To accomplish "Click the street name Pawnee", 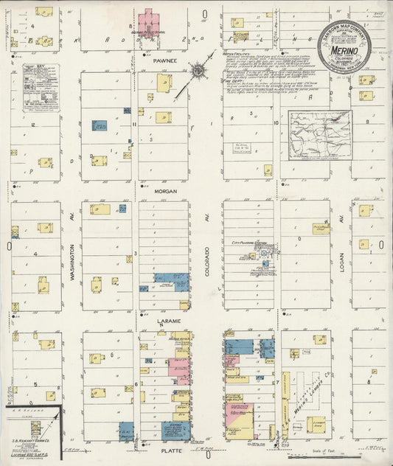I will (x=163, y=63).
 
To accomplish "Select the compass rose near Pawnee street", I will (x=198, y=71).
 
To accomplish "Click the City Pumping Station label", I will (x=249, y=242).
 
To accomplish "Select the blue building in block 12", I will (x=99, y=125).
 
